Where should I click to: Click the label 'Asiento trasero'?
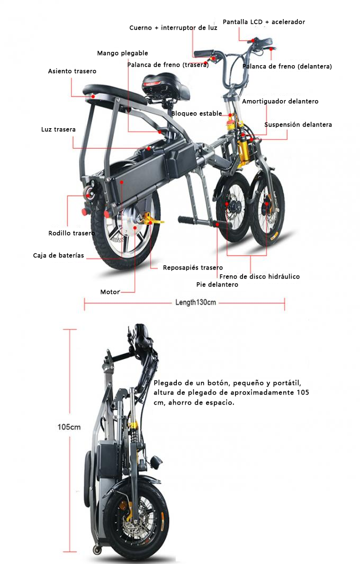coord(73,71)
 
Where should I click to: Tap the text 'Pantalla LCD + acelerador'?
coord(264,22)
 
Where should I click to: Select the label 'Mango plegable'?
coord(122,53)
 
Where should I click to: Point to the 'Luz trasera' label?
coord(58,130)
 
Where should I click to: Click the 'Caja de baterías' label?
coord(58,255)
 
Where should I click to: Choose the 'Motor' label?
coord(110,292)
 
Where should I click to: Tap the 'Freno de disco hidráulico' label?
coord(259,276)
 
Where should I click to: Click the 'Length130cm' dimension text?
coord(196,302)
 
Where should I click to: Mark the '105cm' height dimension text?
coord(69,427)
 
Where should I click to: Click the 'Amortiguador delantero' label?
coord(280,102)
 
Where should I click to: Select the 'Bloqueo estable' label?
coord(197,114)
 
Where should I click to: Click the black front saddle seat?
coord(166,86)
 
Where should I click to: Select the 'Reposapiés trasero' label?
coord(193,267)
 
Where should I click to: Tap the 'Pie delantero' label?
coord(217,284)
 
